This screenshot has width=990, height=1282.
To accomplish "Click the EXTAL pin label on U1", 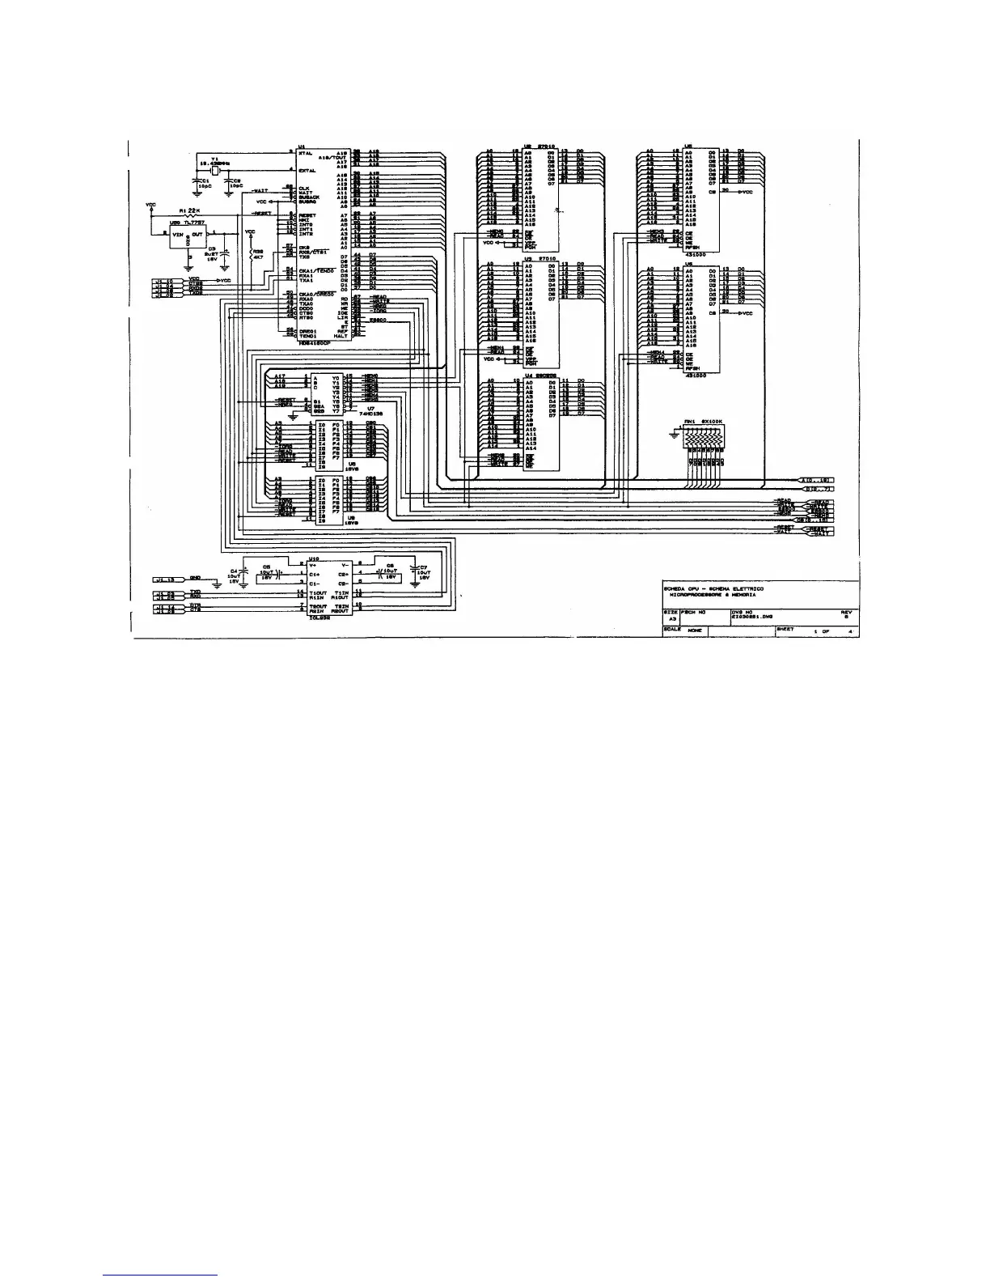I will point(307,171).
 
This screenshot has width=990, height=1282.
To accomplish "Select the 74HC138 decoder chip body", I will point(328,394).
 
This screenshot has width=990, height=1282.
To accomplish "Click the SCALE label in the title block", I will point(670,629).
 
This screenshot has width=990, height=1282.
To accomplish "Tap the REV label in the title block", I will point(846,612).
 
